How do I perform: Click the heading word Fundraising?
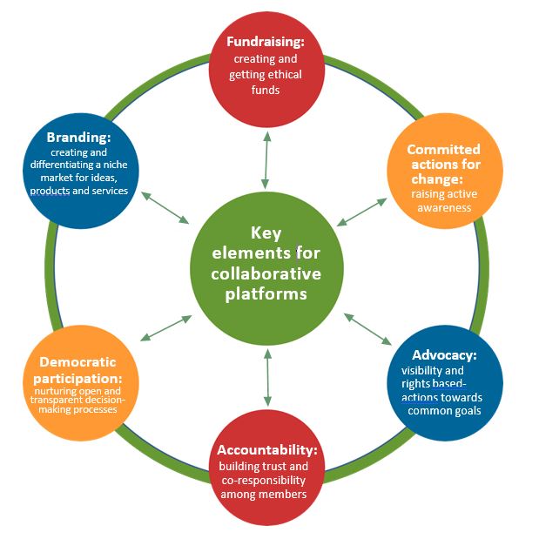point(265,42)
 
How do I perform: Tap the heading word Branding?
point(79,138)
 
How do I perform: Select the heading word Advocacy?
point(443,355)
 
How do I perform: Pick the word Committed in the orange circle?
point(443,150)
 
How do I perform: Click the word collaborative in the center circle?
point(266,274)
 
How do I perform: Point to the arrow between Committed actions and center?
point(362,212)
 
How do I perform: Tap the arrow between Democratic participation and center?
point(165,327)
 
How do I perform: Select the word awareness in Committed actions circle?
point(443,207)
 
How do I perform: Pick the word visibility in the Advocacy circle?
point(414,370)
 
